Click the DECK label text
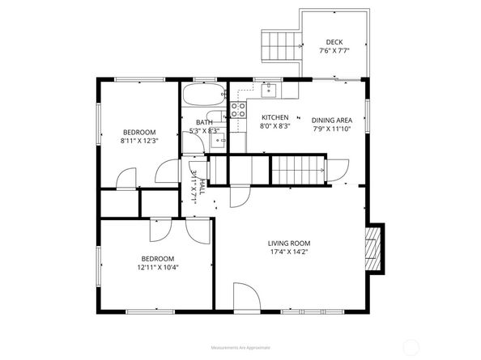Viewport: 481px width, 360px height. pyautogui.click(x=334, y=43)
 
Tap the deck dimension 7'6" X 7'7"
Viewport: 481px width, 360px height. pyautogui.click(x=334, y=52)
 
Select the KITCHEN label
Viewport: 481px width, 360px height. pyautogui.click(x=275, y=117)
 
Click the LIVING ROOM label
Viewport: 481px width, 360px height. pyautogui.click(x=289, y=243)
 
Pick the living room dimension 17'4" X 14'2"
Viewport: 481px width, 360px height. pyautogui.click(x=289, y=252)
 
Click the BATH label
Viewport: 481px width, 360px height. pyautogui.click(x=203, y=122)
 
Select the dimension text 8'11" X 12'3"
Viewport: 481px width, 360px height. pyautogui.click(x=139, y=141)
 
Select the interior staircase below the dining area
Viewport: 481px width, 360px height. pyautogui.click(x=296, y=170)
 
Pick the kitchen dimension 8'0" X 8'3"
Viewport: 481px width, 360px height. pyautogui.click(x=275, y=126)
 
